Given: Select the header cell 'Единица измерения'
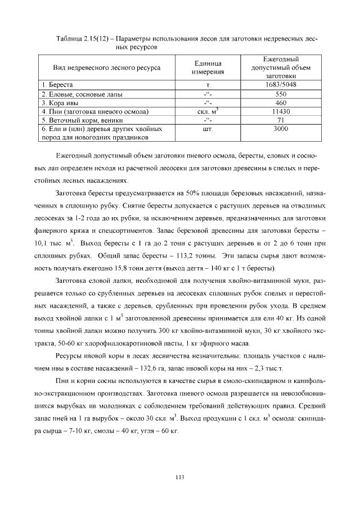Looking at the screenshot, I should tap(209, 67).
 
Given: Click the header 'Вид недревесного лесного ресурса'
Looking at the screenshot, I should tap(106, 67).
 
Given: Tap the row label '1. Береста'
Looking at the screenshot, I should tap(56, 85).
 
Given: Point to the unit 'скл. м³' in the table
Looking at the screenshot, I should tap(209, 111).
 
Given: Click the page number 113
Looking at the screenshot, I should tap(180, 478).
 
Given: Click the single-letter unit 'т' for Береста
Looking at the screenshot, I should tap(209, 85).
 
